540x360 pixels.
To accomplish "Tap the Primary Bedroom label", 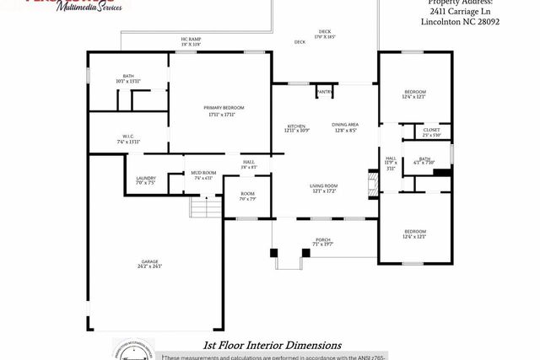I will pyautogui.click(x=224, y=110).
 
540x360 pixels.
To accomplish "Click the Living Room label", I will pyautogui.click(x=325, y=188).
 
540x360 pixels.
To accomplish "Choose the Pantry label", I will pyautogui.click(x=324, y=91).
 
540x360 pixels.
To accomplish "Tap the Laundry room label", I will pyautogui.click(x=145, y=180).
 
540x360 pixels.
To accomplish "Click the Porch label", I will pyautogui.click(x=322, y=241).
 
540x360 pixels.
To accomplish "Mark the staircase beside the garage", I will pyautogui.click(x=200, y=206).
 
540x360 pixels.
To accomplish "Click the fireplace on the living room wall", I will pyautogui.click(x=370, y=184).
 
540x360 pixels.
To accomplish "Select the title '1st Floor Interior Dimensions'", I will pyautogui.click(x=272, y=345).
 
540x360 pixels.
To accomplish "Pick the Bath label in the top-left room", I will pyautogui.click(x=128, y=78).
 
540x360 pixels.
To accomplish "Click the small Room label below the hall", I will pyautogui.click(x=247, y=196).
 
